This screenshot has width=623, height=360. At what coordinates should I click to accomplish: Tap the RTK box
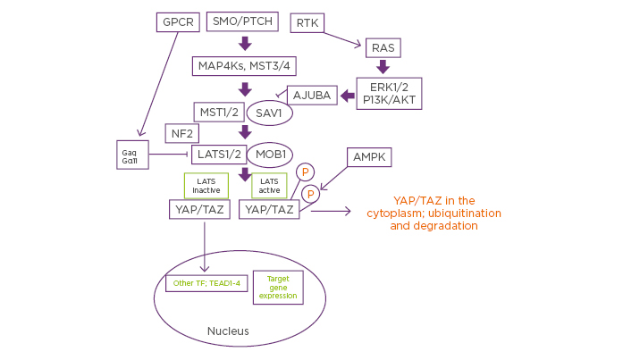(x=307, y=22)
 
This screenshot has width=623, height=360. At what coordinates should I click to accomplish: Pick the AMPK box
(x=368, y=156)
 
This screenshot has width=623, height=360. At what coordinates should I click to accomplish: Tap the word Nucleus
(x=228, y=331)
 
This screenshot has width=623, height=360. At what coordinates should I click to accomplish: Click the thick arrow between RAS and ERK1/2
(x=383, y=66)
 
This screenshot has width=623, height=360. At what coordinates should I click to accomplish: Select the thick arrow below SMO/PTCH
(x=244, y=43)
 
